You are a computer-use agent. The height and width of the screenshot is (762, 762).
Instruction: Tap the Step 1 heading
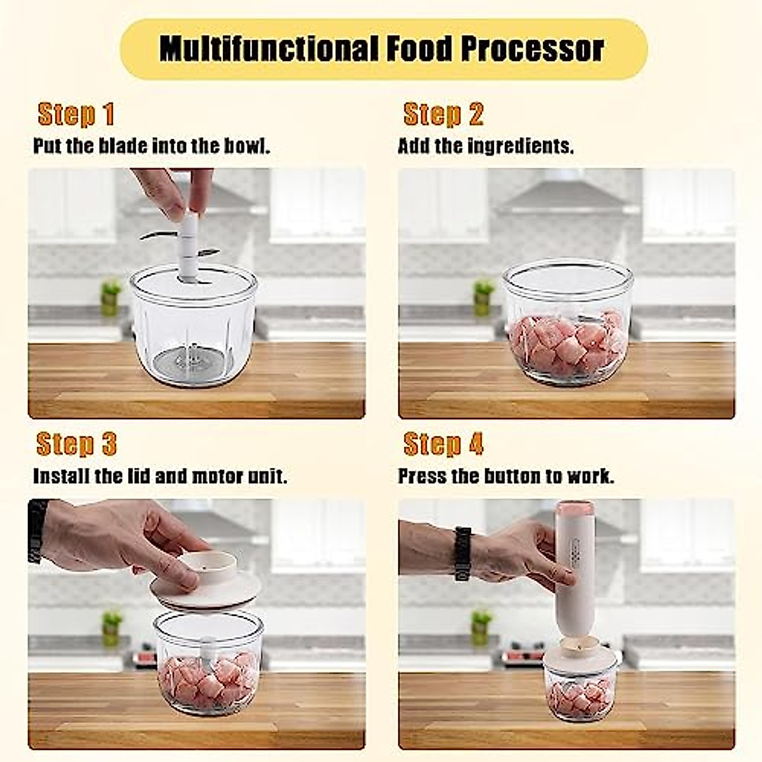[76, 115]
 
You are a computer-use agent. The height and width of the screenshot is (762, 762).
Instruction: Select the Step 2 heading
[443, 115]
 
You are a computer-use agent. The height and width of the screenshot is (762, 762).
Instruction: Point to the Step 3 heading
[76, 444]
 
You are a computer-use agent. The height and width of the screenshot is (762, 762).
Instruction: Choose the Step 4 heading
[443, 444]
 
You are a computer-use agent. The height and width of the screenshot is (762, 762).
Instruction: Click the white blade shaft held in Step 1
[189, 244]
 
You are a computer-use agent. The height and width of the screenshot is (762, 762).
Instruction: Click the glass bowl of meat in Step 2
[568, 324]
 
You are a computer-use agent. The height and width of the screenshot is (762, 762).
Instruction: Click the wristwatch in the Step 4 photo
[462, 554]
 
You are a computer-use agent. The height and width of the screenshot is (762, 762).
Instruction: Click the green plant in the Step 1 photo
[110, 297]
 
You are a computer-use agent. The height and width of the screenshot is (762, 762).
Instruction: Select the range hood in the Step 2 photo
[562, 194]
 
